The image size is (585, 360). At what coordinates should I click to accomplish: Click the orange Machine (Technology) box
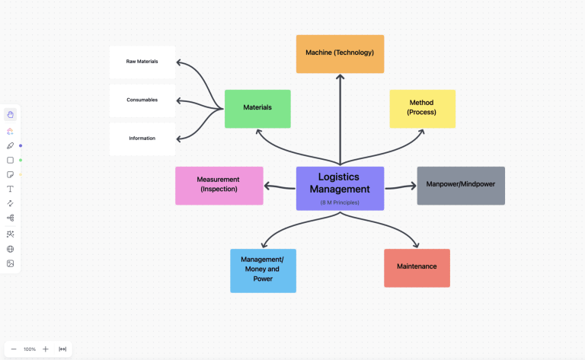[340, 53]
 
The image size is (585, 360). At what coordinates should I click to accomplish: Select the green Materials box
[257, 108]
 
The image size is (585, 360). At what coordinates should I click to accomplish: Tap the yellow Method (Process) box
[422, 108]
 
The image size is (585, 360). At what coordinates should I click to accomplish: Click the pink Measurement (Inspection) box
[219, 185]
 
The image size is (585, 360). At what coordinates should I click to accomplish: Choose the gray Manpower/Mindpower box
[460, 185]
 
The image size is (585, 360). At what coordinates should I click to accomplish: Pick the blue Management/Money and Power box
[263, 270]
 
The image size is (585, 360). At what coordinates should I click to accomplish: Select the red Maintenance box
[417, 267]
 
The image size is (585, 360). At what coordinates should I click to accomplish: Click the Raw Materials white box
[142, 62]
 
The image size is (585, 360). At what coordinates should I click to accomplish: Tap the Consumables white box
[142, 100]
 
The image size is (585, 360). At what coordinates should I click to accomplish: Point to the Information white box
[142, 139]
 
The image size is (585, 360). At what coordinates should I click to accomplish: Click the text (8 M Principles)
[340, 202]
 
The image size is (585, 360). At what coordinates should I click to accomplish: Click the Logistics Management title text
[340, 183]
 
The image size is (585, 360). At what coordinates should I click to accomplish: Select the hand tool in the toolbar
[11, 114]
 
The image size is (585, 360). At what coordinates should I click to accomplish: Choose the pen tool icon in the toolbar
[11, 145]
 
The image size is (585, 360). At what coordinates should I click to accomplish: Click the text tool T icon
[11, 188]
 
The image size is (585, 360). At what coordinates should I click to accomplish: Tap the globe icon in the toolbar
[11, 249]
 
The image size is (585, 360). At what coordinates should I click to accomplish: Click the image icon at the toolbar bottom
[11, 263]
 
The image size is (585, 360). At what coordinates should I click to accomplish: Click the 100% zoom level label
[30, 349]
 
